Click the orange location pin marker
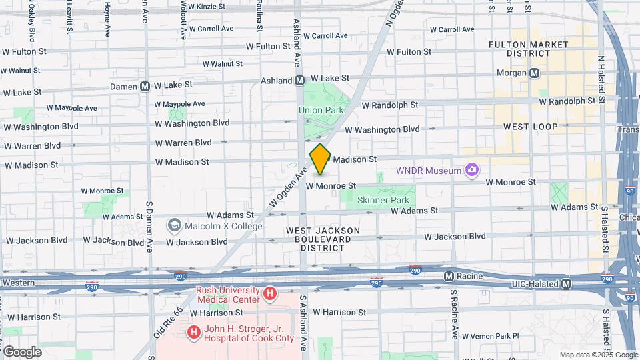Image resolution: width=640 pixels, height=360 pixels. tap(320, 159)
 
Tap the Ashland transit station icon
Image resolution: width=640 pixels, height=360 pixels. tap(300, 81)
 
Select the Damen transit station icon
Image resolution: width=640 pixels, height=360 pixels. tap(145, 86)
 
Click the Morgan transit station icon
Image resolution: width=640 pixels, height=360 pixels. tap(534, 73)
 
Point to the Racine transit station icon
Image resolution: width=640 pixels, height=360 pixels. tap(449, 276)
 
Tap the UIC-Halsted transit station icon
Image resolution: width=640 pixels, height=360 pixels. tap(566, 284)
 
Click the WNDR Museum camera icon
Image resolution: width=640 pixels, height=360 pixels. tap(472, 171)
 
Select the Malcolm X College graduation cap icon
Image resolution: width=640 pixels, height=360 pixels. tap(174, 226)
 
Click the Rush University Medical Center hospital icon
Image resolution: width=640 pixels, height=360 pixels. tap(270, 293)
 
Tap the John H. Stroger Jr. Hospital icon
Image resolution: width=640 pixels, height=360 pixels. tap(194, 331)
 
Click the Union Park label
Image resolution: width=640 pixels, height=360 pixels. tap(321, 110)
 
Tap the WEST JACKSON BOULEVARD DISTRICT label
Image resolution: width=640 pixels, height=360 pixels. tap(323, 239)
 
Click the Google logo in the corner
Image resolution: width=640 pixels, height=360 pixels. tap(21, 352)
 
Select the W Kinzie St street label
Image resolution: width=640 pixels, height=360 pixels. tap(211, 6)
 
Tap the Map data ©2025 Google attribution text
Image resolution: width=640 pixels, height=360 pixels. tap(598, 355)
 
